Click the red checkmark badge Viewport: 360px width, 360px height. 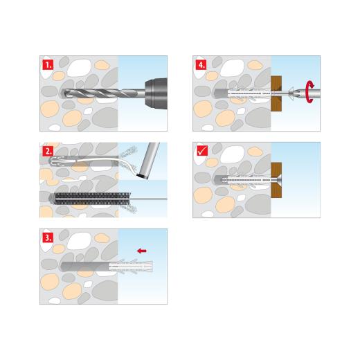tap(201, 151)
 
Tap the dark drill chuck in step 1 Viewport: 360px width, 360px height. tap(154, 92)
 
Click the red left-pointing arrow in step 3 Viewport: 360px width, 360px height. tap(143, 249)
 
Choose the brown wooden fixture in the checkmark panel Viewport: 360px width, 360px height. tap(278, 179)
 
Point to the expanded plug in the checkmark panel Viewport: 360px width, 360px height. tap(242, 179)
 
